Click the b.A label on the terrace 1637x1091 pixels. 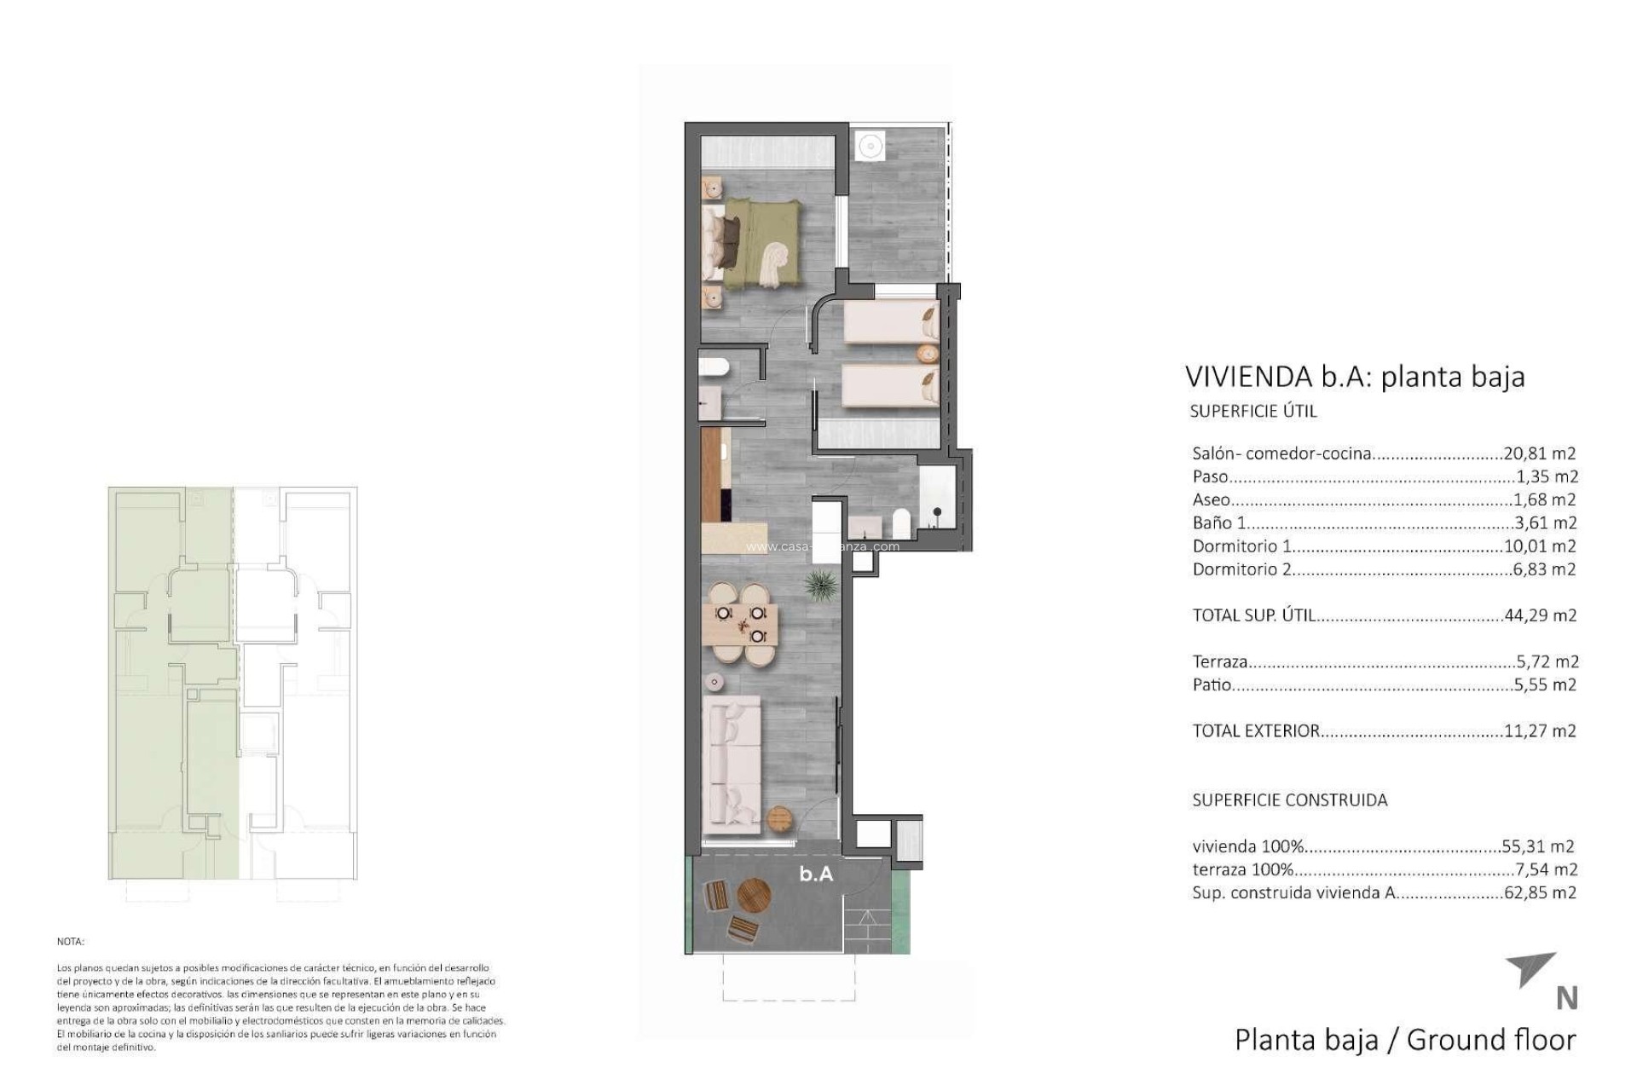[816, 874]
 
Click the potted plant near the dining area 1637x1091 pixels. [821, 585]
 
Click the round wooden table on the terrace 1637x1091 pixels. [754, 896]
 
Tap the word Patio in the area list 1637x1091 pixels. [1212, 684]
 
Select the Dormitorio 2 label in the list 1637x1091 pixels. [1241, 569]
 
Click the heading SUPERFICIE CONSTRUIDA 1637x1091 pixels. [1289, 800]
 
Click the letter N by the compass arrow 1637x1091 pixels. [1566, 998]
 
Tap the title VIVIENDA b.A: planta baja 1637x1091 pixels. [1354, 377]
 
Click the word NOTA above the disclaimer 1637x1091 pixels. [71, 942]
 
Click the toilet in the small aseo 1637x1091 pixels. [713, 367]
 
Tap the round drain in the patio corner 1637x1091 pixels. [871, 147]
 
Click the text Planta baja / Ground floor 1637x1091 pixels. [1405, 1040]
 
